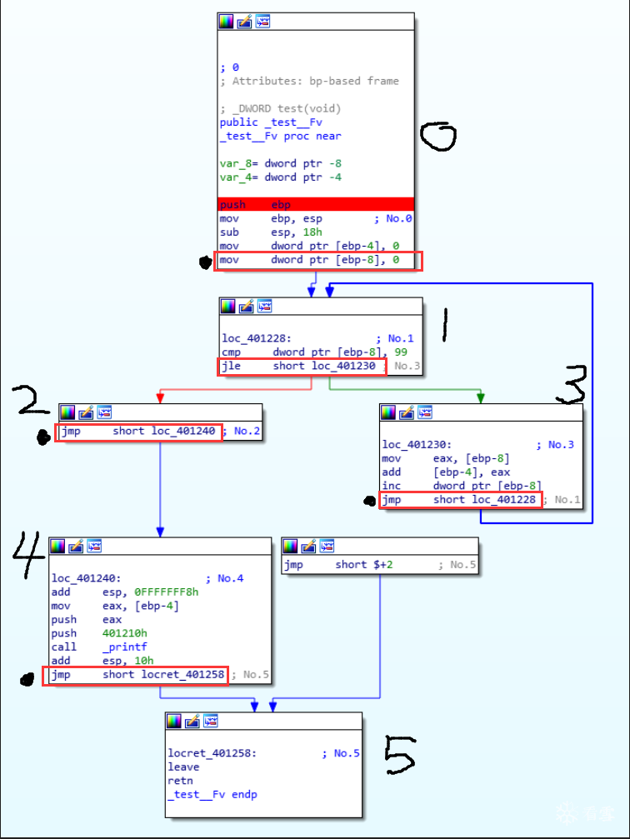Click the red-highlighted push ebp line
click(x=316, y=204)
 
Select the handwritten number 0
click(x=437, y=135)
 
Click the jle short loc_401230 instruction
click(x=302, y=367)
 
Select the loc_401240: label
click(x=87, y=578)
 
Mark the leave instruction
click(x=183, y=767)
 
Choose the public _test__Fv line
click(x=271, y=122)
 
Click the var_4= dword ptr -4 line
click(x=281, y=177)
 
